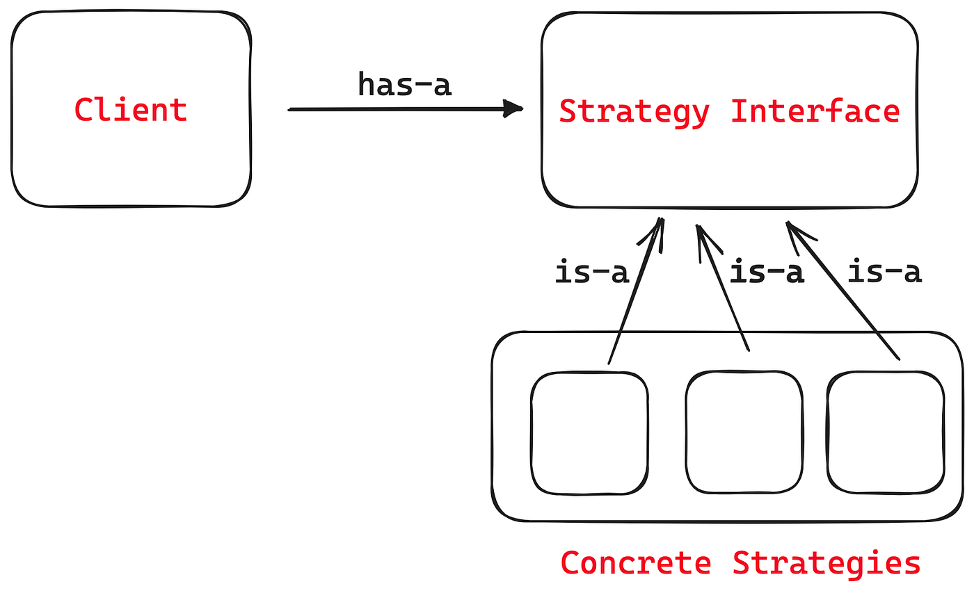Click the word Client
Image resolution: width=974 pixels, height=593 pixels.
131,110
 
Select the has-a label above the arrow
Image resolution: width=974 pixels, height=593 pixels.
405,85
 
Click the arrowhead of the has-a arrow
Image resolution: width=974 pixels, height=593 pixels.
515,108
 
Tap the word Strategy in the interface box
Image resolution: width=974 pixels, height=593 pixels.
634,112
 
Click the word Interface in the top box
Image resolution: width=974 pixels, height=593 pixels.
815,111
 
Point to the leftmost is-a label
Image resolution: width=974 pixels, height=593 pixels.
592,273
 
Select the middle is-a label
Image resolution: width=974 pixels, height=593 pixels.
767,273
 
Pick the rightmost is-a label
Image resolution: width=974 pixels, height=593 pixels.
884,273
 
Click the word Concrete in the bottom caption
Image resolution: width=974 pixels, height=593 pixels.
636,562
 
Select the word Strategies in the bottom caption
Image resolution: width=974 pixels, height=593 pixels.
827,562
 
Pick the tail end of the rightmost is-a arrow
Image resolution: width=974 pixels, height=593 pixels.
899,359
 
